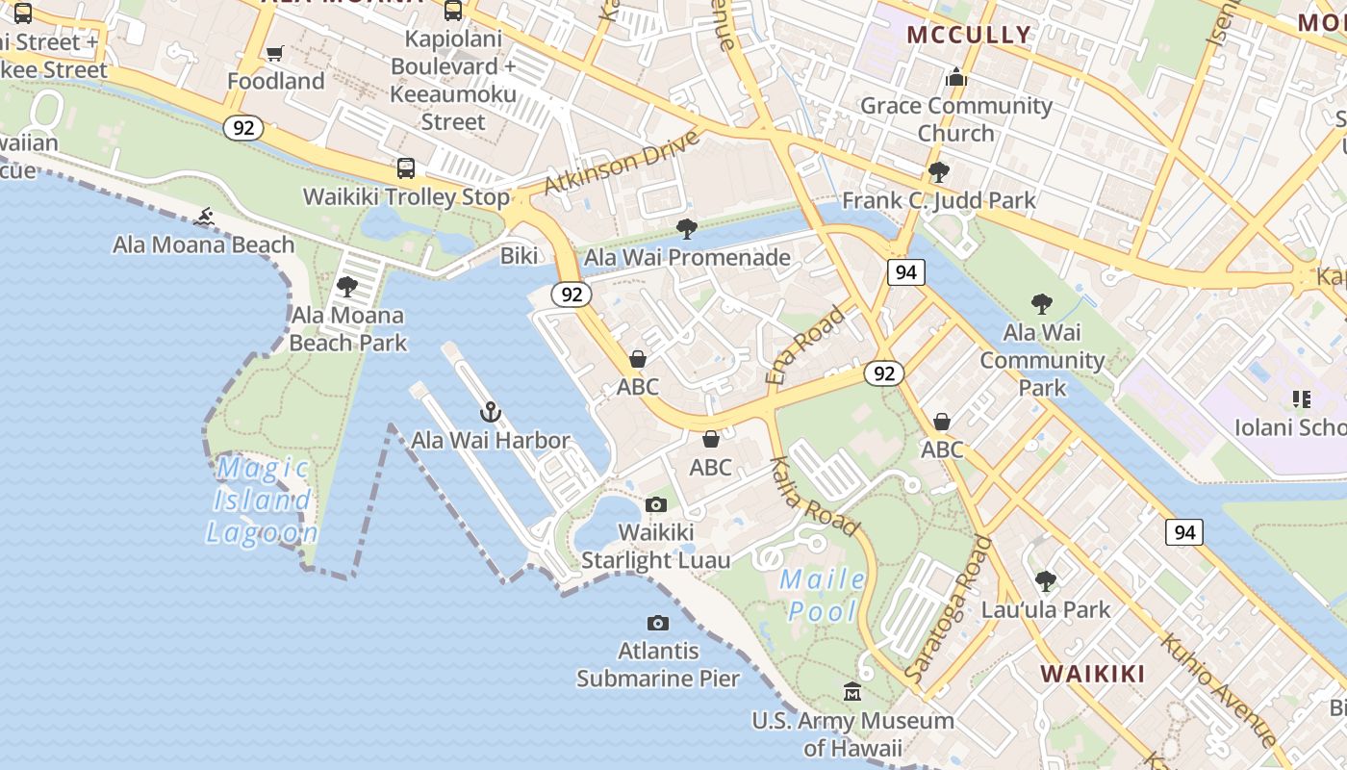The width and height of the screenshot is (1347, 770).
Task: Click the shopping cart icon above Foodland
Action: [274, 53]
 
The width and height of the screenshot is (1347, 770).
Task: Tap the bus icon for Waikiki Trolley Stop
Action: [406, 168]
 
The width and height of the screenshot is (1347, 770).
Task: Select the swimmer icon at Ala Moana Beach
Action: [203, 217]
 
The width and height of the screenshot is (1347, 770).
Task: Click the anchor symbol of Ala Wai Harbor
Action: [491, 412]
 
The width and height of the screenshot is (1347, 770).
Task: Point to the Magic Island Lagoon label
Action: [262, 500]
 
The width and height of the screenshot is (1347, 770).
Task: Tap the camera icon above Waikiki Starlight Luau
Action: [655, 504]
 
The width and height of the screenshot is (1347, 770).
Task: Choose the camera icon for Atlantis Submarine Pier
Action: [658, 623]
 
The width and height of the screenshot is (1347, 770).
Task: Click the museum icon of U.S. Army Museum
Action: [852, 692]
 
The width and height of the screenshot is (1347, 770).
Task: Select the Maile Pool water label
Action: [823, 595]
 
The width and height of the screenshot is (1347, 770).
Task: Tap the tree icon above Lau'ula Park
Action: [1045, 581]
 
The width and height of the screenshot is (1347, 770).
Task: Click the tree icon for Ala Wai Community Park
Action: [1041, 305]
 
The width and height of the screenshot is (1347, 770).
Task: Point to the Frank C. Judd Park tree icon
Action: [938, 172]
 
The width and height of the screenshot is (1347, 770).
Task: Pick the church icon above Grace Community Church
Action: [955, 77]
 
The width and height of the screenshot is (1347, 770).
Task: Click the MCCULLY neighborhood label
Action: [969, 35]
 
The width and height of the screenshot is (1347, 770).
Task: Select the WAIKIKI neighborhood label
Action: [1093, 674]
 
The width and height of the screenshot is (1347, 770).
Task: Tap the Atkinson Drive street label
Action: [622, 161]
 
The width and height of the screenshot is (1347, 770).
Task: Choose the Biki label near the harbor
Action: [520, 256]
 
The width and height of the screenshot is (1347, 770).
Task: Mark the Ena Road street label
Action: [806, 346]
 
